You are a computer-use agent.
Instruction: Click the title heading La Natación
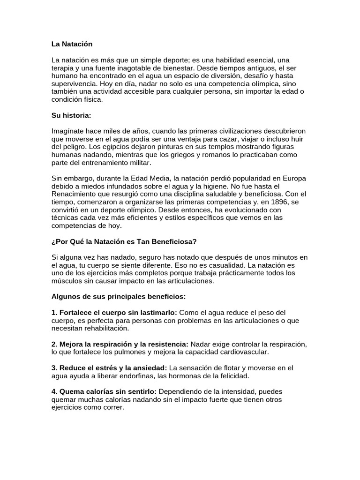click(72, 44)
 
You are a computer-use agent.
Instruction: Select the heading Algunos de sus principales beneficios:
click(119, 296)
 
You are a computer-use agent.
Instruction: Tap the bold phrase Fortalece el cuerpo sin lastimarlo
click(114, 312)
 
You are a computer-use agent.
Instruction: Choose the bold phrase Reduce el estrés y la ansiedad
click(109, 367)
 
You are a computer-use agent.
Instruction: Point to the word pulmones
click(139, 352)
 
